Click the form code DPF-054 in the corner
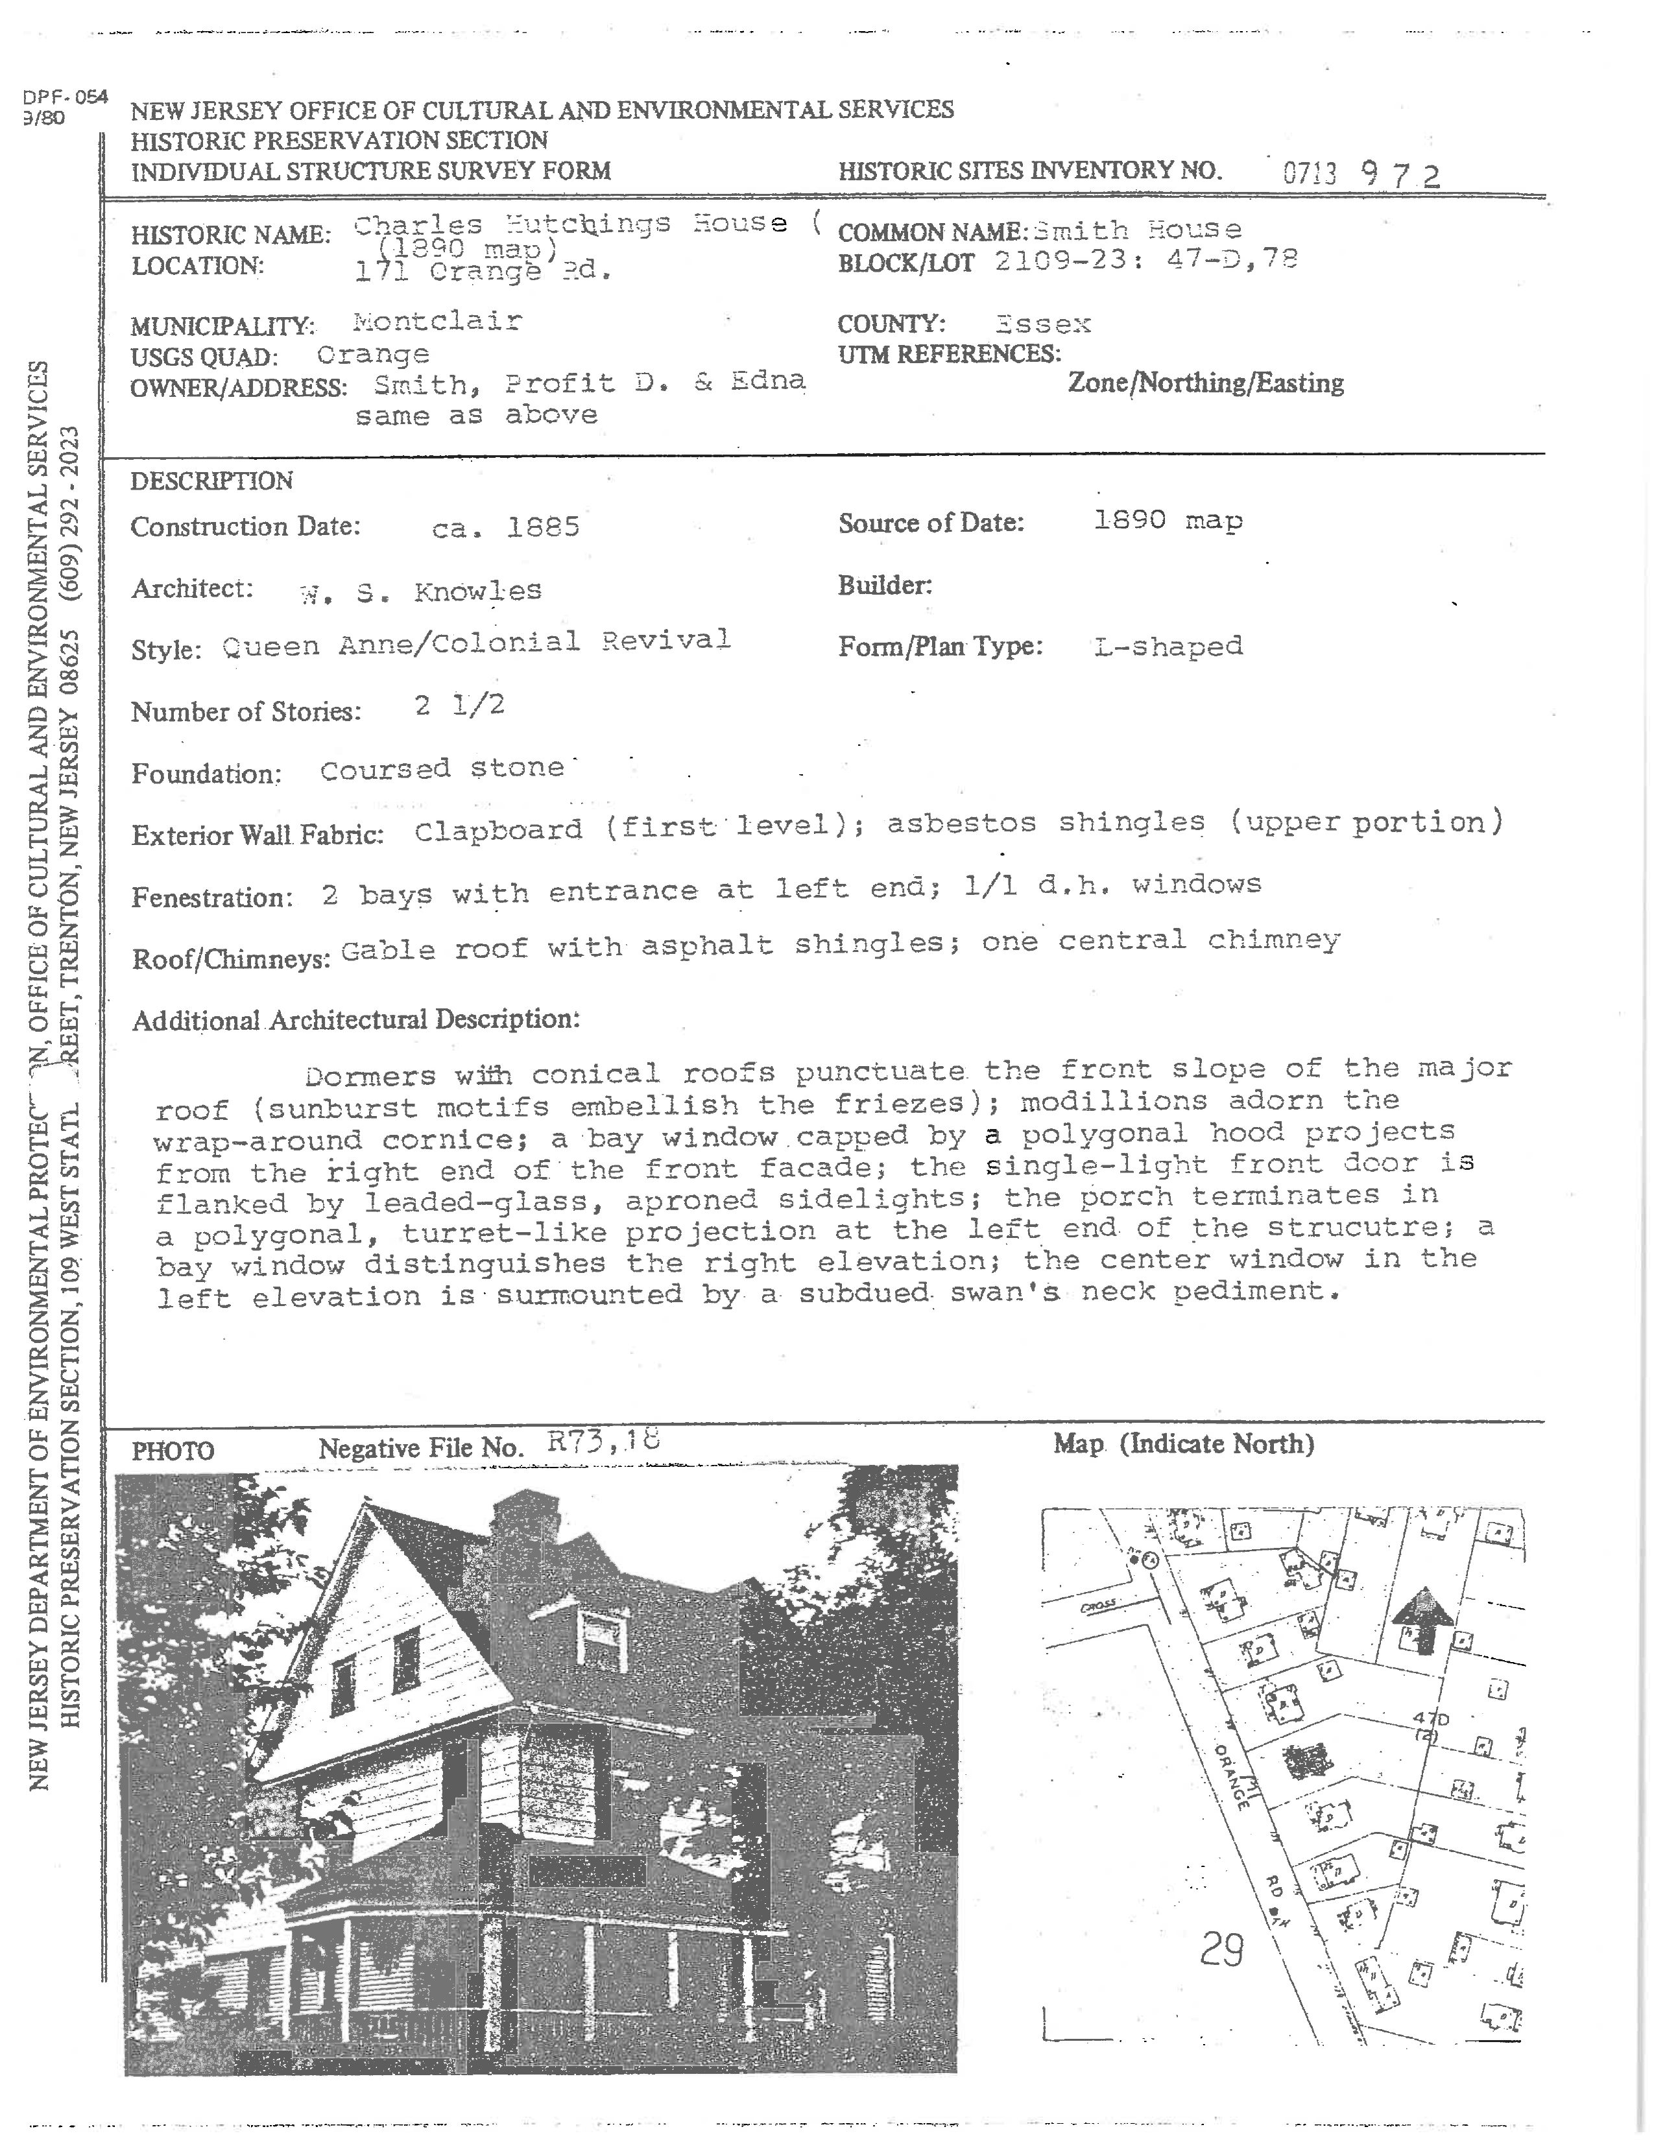point(65,98)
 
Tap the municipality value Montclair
point(437,322)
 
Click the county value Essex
point(1042,324)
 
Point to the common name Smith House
point(1136,230)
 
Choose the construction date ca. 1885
point(506,527)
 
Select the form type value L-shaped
point(1168,647)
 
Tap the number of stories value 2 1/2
point(459,706)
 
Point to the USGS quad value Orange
point(374,355)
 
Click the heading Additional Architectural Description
point(355,1020)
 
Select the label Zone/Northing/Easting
point(1205,383)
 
